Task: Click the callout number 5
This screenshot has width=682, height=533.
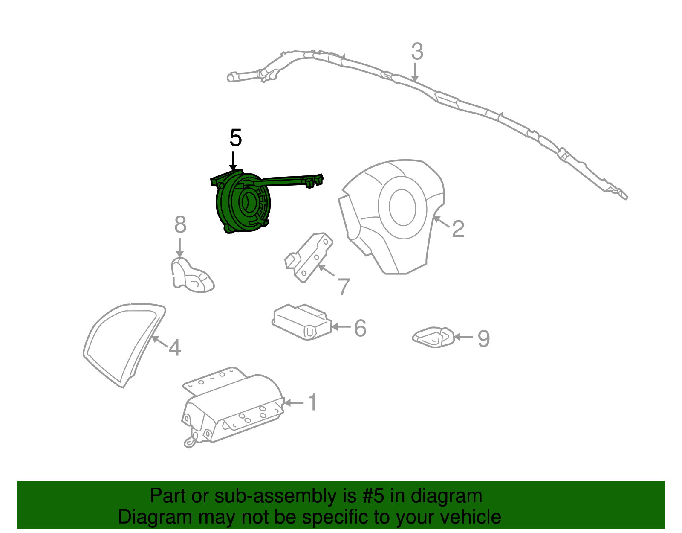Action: pyautogui.click(x=235, y=138)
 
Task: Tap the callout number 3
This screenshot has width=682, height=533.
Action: pyautogui.click(x=417, y=52)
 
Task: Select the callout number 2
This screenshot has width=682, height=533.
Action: pyautogui.click(x=458, y=229)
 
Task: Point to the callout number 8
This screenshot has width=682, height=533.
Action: pyautogui.click(x=180, y=224)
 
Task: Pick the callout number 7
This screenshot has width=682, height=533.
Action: pyautogui.click(x=344, y=287)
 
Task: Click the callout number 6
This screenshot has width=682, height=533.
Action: pyautogui.click(x=360, y=328)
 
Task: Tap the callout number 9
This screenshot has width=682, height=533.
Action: pyautogui.click(x=483, y=338)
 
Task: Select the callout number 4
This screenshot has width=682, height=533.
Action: pyautogui.click(x=175, y=347)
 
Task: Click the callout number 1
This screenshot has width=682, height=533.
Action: pyautogui.click(x=312, y=402)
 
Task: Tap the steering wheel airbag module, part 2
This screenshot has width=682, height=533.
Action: pyautogui.click(x=392, y=213)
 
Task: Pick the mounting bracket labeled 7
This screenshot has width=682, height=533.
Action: pyautogui.click(x=309, y=256)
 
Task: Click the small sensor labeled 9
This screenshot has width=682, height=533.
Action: pyautogui.click(x=433, y=337)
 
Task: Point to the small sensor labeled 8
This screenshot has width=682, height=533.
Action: pyautogui.click(x=192, y=275)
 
